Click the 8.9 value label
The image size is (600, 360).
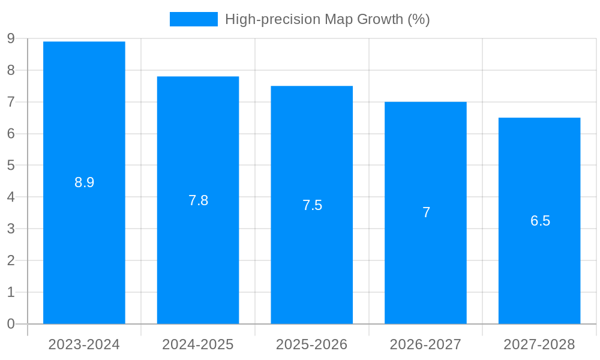click(x=84, y=182)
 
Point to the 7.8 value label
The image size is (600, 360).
click(x=198, y=200)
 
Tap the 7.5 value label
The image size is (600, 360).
click(x=312, y=205)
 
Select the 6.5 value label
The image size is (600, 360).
click(x=540, y=221)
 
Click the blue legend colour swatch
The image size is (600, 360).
click(x=193, y=19)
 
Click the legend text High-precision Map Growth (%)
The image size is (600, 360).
click(x=327, y=19)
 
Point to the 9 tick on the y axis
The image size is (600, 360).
click(x=11, y=39)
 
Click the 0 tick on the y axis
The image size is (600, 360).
click(x=11, y=324)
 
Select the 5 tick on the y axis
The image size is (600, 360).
click(x=11, y=166)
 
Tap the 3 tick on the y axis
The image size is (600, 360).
click(x=11, y=229)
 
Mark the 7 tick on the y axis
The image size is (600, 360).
click(x=11, y=102)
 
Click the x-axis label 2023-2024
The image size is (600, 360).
click(x=84, y=344)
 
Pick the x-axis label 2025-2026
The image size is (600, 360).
click(x=312, y=344)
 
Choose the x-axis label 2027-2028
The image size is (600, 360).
click(x=539, y=344)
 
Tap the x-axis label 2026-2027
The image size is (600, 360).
click(x=425, y=344)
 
